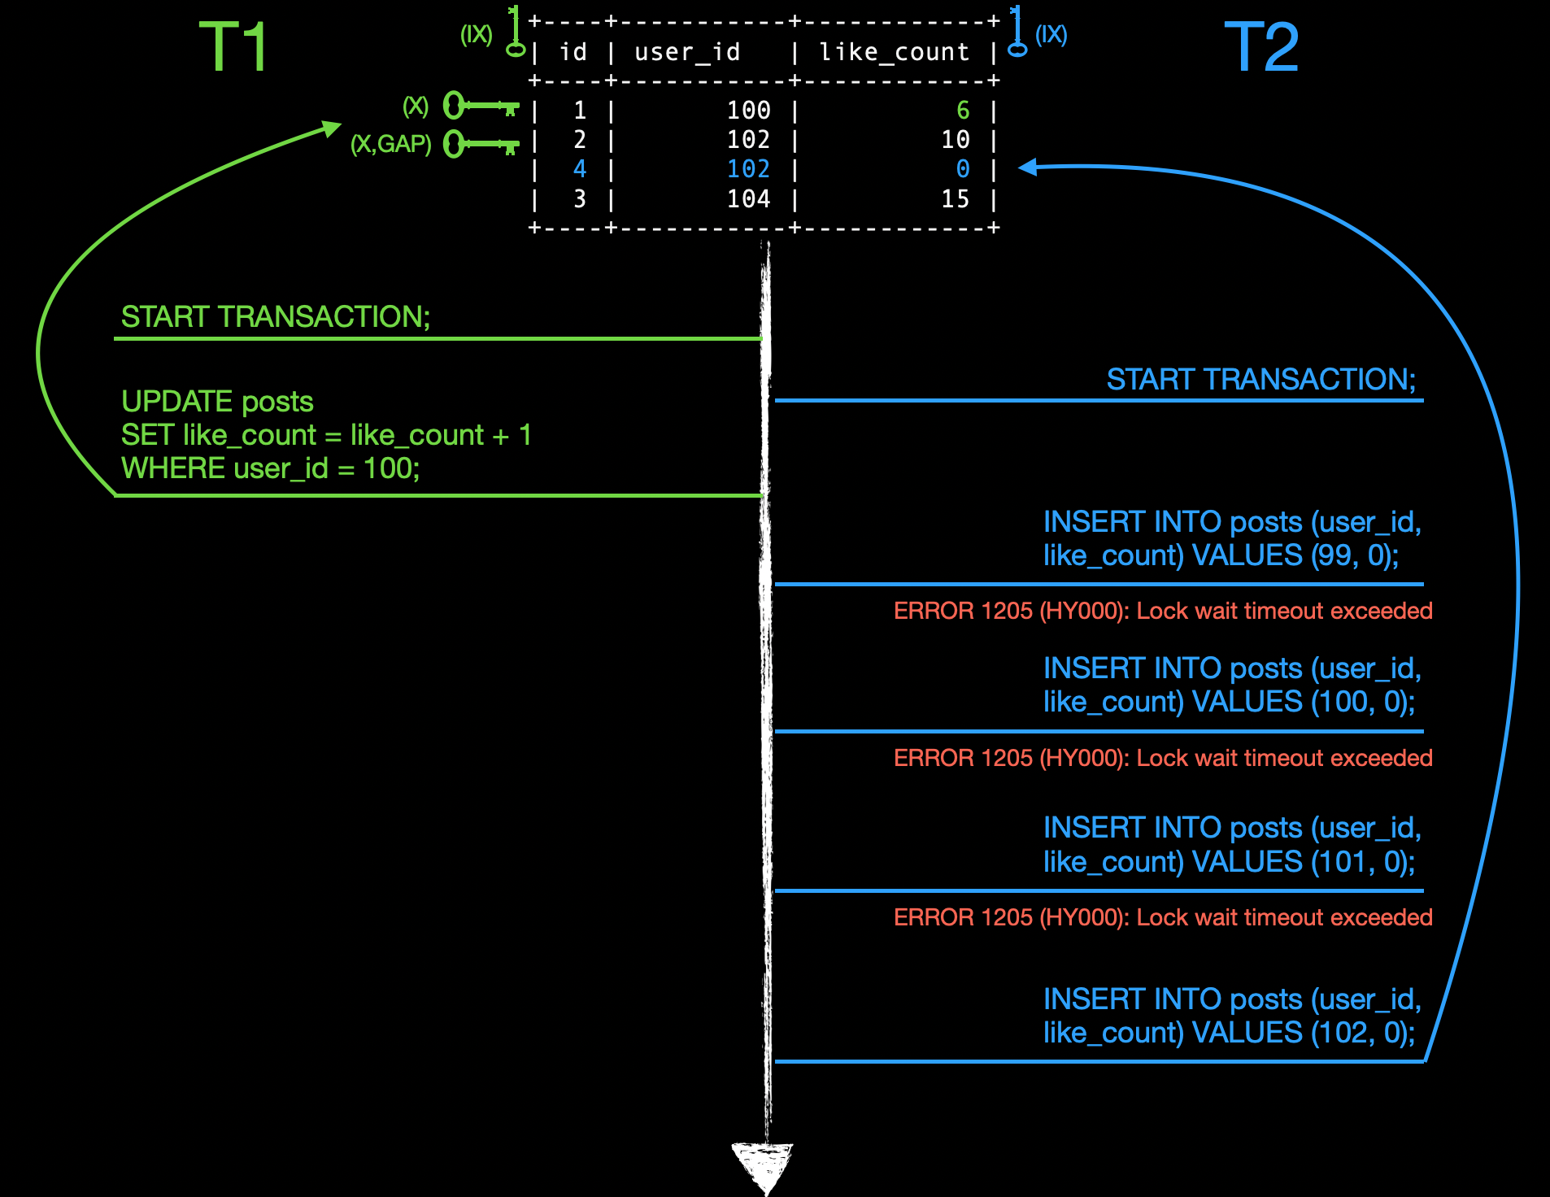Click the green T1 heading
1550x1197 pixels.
[233, 47]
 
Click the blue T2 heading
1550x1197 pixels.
[1261, 47]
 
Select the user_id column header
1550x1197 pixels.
[687, 52]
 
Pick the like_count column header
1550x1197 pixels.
[894, 52]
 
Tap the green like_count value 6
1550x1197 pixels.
[963, 110]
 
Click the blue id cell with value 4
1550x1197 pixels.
[579, 169]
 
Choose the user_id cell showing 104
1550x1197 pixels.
[748, 199]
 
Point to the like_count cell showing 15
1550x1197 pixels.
[956, 199]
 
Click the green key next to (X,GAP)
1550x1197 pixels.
[481, 145]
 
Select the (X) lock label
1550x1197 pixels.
[416, 107]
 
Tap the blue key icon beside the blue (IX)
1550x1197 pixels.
[1017, 33]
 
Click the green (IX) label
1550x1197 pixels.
[477, 35]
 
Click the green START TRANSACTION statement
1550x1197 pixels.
[275, 317]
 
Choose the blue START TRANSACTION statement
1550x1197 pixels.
[1260, 380]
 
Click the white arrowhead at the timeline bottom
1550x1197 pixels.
[763, 1164]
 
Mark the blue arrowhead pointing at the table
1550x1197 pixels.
[1028, 167]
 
